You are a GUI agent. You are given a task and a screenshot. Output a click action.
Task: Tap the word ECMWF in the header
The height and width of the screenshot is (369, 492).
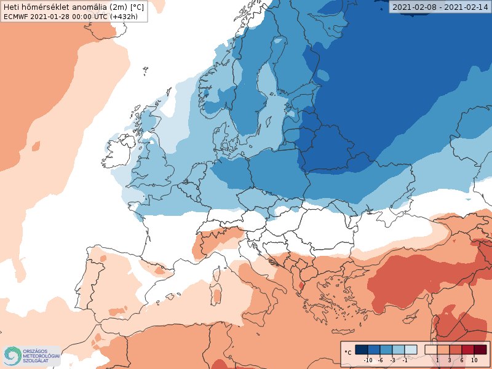[x=14, y=17]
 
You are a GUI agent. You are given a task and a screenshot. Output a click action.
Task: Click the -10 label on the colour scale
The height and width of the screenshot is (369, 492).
[x=368, y=360]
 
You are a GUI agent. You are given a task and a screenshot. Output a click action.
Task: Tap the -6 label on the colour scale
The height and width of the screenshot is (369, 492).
[x=381, y=360]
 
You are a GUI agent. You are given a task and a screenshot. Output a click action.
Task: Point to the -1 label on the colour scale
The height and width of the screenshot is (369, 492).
[x=405, y=360]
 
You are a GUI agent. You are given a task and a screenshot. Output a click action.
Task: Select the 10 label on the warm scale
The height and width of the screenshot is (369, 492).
[x=474, y=360]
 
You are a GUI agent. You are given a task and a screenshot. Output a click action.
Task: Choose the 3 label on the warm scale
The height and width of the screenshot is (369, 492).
[x=450, y=360]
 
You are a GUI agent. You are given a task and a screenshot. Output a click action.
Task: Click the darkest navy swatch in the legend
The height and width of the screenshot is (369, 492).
[x=362, y=349]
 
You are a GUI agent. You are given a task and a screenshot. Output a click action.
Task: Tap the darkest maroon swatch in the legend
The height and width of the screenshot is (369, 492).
[x=480, y=349]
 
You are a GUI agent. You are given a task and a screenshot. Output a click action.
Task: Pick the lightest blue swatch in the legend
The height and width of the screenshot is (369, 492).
[x=411, y=349]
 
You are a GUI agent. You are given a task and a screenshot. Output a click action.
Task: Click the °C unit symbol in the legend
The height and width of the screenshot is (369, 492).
[x=347, y=352]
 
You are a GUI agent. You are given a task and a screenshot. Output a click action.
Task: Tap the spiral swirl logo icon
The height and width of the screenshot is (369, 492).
[x=12, y=355]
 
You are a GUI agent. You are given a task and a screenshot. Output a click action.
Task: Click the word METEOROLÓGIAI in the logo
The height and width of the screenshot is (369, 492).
[x=41, y=356]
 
